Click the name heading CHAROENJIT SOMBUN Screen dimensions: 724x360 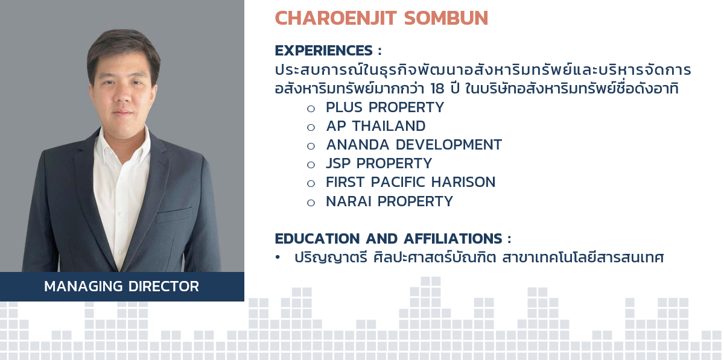(x=381, y=18)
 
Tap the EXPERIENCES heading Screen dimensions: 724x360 (x=328, y=51)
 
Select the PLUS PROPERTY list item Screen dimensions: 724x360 (x=385, y=107)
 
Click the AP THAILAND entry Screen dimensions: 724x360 (x=376, y=126)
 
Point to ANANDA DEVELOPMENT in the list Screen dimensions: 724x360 (x=414, y=145)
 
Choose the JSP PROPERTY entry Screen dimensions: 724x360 (x=379, y=163)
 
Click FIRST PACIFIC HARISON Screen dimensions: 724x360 (x=410, y=182)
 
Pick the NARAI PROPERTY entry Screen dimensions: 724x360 (x=390, y=201)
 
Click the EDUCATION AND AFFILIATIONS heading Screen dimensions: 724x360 (x=393, y=239)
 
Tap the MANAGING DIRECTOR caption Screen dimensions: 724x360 (x=121, y=286)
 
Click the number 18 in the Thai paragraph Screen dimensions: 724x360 (x=437, y=89)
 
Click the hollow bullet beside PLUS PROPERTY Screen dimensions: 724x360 (x=311, y=109)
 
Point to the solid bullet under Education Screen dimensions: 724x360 (x=278, y=257)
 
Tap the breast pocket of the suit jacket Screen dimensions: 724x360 (x=174, y=215)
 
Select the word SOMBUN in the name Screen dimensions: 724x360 (x=446, y=18)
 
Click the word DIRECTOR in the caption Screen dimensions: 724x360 (x=164, y=286)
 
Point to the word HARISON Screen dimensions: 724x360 (x=463, y=182)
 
